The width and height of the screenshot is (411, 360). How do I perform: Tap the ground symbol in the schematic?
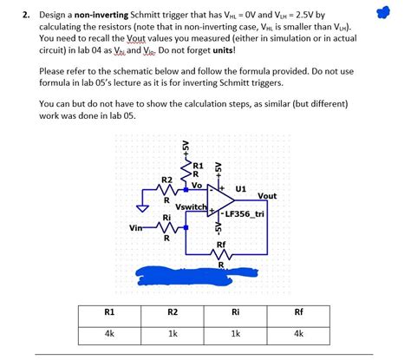coord(144,207)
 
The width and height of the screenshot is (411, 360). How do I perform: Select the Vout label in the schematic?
coord(267,196)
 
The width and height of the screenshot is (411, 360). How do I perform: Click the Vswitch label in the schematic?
coord(190,206)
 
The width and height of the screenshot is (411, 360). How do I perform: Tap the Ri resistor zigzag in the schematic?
coord(167,227)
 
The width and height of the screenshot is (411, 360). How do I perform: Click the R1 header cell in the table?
coord(109,311)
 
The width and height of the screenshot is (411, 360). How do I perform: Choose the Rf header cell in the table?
coord(299,311)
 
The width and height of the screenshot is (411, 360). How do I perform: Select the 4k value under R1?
coord(109,333)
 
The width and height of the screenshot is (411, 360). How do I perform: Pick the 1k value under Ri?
coord(235,333)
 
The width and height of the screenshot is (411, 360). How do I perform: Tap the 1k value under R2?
coord(173,333)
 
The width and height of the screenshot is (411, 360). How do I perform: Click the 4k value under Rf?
coord(299,333)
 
